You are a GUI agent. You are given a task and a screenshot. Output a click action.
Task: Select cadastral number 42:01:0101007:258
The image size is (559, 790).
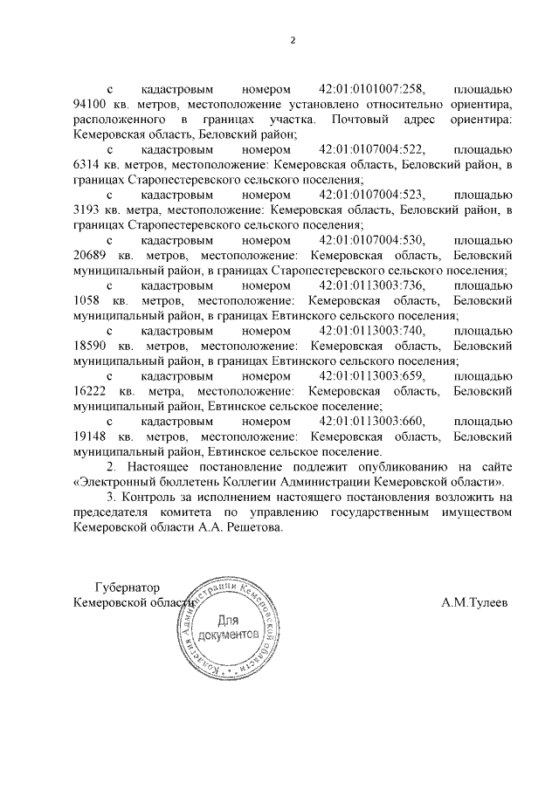click(372, 90)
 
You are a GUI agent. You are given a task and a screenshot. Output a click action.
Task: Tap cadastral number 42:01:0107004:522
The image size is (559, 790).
click(372, 149)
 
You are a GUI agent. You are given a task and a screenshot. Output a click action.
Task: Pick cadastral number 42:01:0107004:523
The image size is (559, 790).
click(372, 195)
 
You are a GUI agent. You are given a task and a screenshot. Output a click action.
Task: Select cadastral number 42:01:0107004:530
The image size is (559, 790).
click(372, 240)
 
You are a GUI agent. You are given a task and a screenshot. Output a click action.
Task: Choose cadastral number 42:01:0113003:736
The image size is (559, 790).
click(372, 285)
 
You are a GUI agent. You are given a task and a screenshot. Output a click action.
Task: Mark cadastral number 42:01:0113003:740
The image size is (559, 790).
click(372, 331)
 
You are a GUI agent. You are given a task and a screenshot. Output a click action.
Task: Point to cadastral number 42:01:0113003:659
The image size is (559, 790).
click(372, 376)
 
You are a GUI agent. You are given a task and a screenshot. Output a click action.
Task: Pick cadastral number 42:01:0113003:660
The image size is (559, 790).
click(372, 422)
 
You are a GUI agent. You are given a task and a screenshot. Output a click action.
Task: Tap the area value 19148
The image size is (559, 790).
click(92, 436)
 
